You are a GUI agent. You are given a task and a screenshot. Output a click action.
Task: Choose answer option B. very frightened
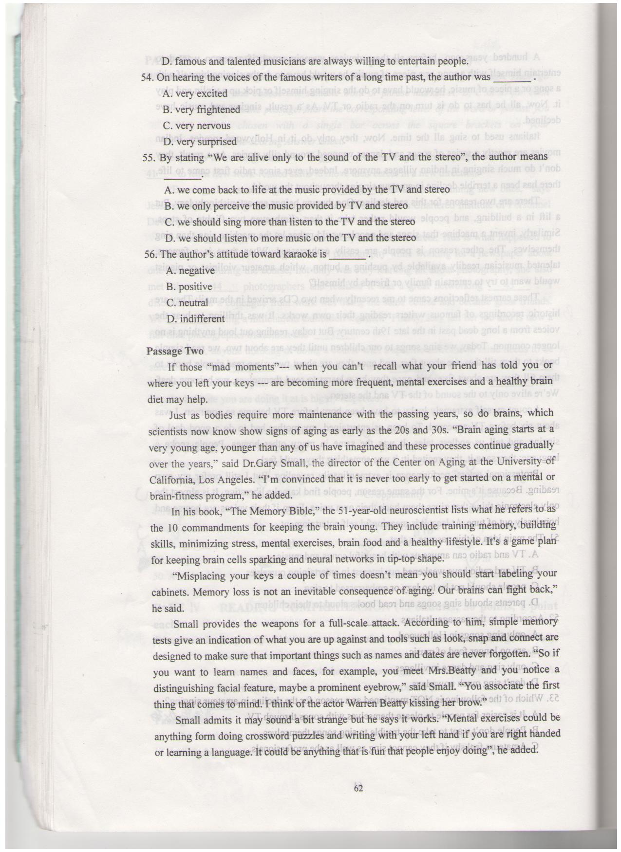(x=201, y=110)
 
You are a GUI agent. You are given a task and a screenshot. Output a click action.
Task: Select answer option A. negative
(x=190, y=271)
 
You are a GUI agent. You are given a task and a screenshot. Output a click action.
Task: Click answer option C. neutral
(x=187, y=303)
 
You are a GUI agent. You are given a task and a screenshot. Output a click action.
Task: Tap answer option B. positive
(x=189, y=287)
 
